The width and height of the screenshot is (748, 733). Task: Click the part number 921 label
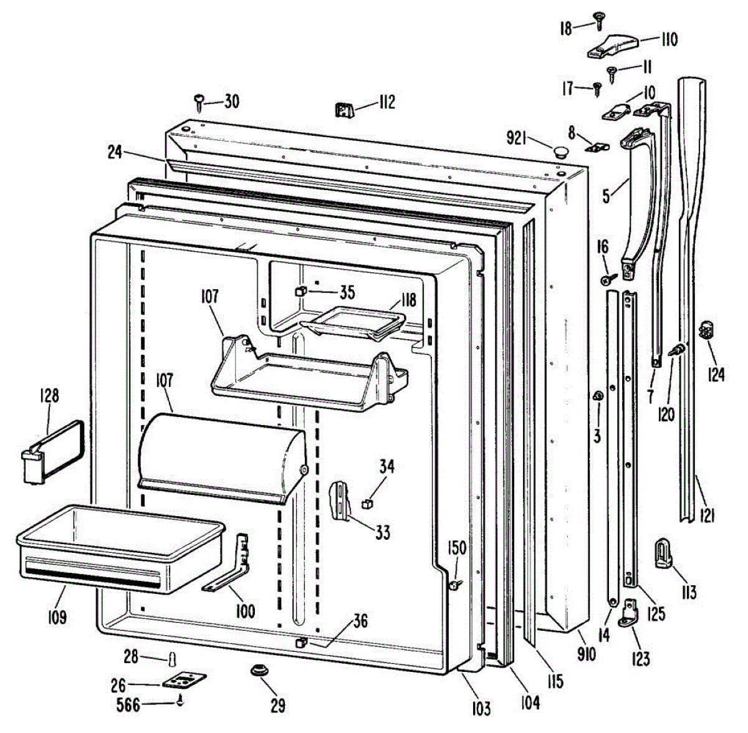point(517,138)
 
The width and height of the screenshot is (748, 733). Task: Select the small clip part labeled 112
point(345,110)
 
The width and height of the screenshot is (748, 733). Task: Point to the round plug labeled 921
point(559,151)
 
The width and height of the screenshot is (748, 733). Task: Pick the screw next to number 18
point(598,21)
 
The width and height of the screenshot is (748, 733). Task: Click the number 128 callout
point(49,396)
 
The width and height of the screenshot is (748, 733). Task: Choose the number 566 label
point(128,705)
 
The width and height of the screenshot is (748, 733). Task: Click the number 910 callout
point(586,654)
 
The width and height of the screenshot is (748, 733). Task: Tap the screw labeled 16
point(608,279)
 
